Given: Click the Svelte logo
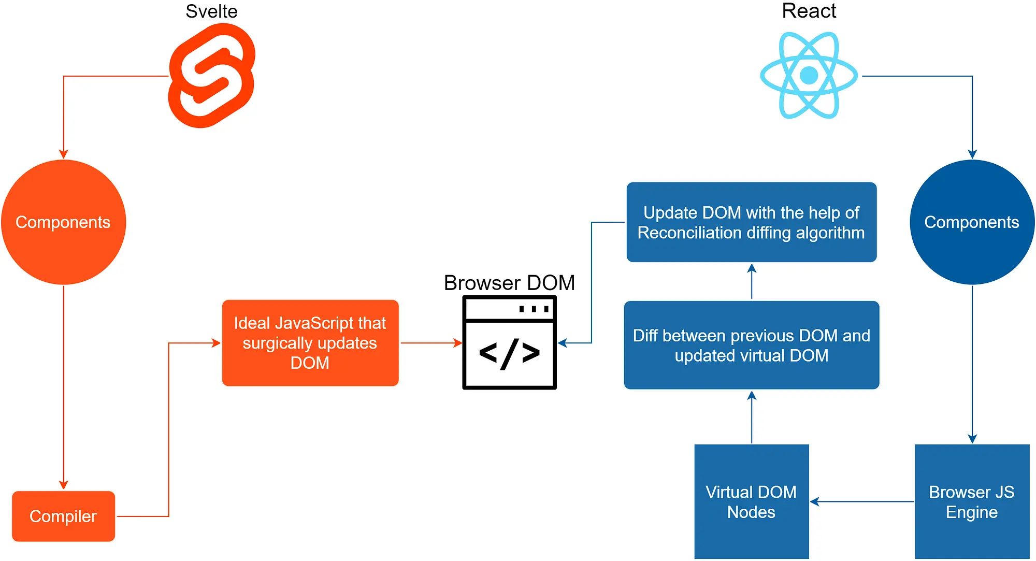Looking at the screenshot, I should [x=212, y=76].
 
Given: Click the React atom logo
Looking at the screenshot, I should [x=809, y=76].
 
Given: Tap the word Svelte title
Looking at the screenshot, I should [x=211, y=11].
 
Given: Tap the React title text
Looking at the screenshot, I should [x=809, y=11].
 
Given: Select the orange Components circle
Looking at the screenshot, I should [x=63, y=222].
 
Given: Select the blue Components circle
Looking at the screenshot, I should [x=972, y=222].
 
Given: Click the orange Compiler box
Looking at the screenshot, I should [x=63, y=516].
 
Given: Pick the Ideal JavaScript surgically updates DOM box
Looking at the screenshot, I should [x=310, y=343].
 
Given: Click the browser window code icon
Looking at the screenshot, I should [x=509, y=343].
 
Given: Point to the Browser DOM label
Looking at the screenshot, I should [x=509, y=283].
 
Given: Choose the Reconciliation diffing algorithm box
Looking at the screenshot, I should [x=751, y=222].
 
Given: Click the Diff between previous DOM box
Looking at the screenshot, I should [x=751, y=346].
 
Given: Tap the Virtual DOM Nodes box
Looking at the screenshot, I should [x=751, y=501].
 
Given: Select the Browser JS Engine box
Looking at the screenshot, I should [x=972, y=501].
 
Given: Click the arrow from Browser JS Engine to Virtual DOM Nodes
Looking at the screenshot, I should [x=862, y=501].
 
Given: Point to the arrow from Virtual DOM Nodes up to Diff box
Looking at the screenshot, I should [x=752, y=417].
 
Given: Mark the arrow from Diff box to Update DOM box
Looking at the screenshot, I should [x=752, y=282].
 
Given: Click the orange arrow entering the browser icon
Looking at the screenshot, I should [x=431, y=343].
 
